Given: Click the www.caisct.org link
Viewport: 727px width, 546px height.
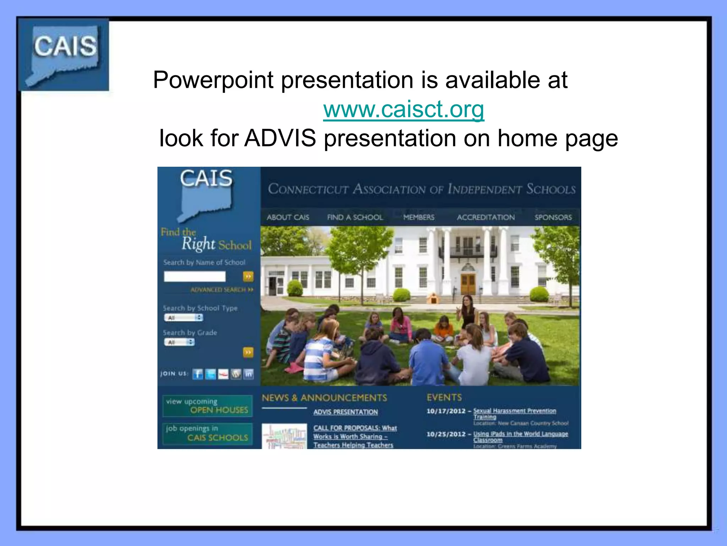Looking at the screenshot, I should pyautogui.click(x=404, y=109).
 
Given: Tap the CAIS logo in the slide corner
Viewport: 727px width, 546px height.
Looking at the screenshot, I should pyautogui.click(x=64, y=54).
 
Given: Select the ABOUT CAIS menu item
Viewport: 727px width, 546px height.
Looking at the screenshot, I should pyautogui.click(x=288, y=217).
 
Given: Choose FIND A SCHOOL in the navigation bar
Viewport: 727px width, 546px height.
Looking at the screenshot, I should pyautogui.click(x=355, y=217).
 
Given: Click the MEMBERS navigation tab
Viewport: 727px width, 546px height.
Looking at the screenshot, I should pyautogui.click(x=419, y=217).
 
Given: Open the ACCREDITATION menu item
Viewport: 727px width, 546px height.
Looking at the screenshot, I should pyautogui.click(x=486, y=217).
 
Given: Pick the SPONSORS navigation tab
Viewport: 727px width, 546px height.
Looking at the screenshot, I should pyautogui.click(x=553, y=217).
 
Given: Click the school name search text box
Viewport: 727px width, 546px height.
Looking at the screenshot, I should pyautogui.click(x=195, y=276).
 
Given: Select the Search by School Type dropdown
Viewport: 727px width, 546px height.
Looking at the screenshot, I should pyautogui.click(x=184, y=317).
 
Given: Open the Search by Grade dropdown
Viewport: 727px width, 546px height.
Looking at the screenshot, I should pyautogui.click(x=179, y=342).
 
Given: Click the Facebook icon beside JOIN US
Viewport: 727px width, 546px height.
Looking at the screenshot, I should pyautogui.click(x=198, y=374).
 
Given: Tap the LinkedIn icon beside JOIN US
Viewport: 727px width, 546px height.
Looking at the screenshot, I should pyautogui.click(x=249, y=374).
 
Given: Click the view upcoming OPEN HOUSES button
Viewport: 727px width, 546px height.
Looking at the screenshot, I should pyautogui.click(x=207, y=406).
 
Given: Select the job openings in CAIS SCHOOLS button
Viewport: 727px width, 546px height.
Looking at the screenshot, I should pyautogui.click(x=207, y=433).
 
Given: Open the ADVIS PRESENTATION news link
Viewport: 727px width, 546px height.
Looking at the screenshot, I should pyautogui.click(x=345, y=412).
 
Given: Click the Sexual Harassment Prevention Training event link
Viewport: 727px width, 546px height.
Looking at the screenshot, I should pyautogui.click(x=514, y=413).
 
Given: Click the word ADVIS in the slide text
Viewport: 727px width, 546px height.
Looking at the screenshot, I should pyautogui.click(x=280, y=138).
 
